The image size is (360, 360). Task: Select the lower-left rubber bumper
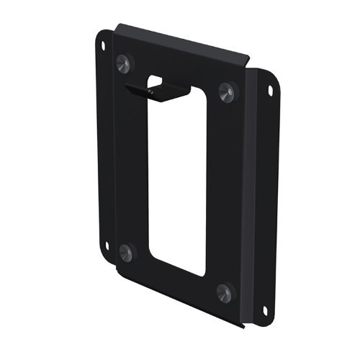tap(126, 251)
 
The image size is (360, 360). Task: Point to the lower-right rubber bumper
tap(225, 292)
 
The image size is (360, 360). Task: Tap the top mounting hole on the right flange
tap(270, 91)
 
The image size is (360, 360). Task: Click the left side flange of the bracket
tap(107, 144)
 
